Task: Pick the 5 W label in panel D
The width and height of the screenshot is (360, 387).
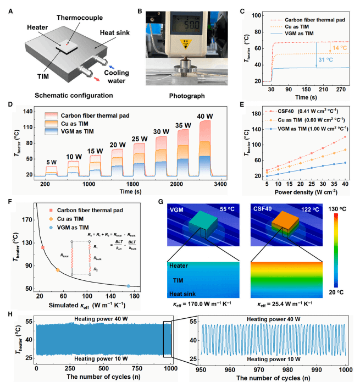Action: pos(51,146)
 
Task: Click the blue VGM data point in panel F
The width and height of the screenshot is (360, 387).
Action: pos(129,286)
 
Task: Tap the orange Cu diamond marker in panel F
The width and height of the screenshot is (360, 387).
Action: pos(57,270)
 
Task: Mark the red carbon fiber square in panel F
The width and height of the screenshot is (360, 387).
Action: pos(43,248)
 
